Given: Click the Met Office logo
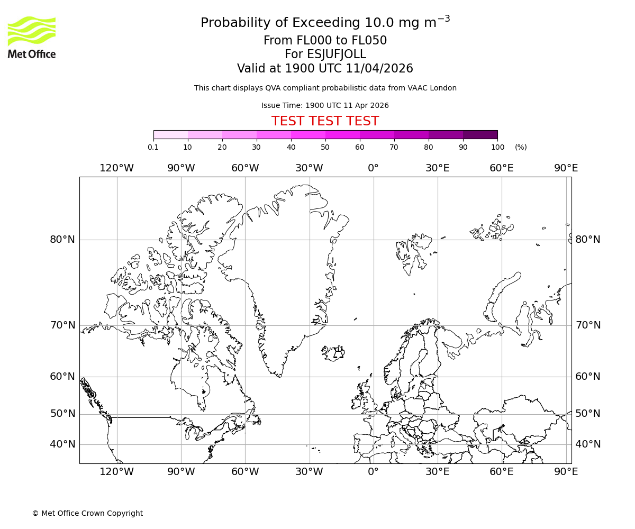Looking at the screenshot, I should click(32, 37).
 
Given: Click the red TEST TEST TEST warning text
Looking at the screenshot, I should click(325, 121).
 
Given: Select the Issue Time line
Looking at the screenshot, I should click(325, 105).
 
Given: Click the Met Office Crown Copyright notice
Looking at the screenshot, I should click(87, 513).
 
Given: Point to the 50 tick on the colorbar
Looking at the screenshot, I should click(325, 147).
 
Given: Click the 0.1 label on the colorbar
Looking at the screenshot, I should click(153, 147).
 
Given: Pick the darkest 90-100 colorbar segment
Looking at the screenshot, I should click(480, 134).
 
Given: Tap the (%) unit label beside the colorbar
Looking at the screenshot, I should click(521, 147).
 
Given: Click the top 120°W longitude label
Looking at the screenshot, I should click(117, 168).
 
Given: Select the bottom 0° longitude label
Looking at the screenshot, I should click(373, 471).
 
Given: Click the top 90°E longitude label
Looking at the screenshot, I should click(566, 168).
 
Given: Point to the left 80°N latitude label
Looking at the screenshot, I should click(62, 240).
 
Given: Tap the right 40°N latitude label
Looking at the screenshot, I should click(588, 444).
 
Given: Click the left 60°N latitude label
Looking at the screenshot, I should click(62, 377).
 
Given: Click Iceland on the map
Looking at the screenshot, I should click(333, 352).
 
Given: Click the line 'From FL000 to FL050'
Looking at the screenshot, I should click(325, 41).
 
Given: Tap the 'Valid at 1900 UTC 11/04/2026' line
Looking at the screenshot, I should click(325, 68).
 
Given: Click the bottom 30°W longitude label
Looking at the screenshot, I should click(309, 471).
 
